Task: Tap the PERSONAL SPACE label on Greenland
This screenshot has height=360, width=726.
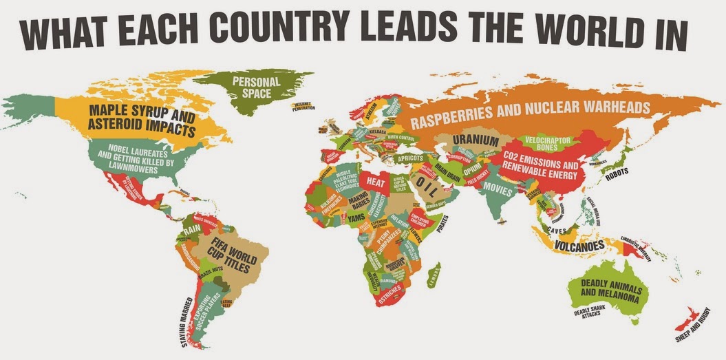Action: (256, 87)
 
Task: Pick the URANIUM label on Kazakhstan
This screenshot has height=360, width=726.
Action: (475, 140)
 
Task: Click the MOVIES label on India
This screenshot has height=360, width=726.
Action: (497, 188)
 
